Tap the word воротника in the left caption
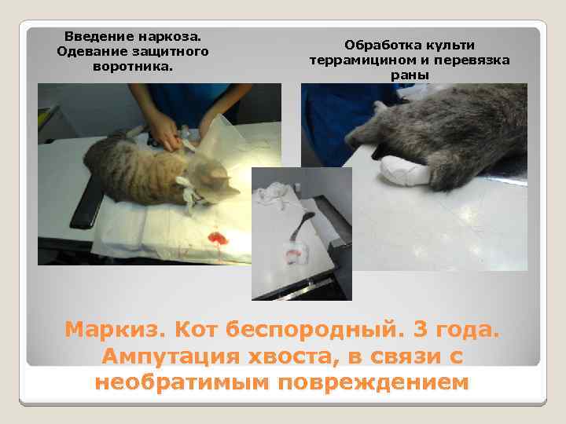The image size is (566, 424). pos(131,66)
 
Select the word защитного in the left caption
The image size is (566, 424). pos(171,51)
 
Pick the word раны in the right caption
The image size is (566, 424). pos(409,75)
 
